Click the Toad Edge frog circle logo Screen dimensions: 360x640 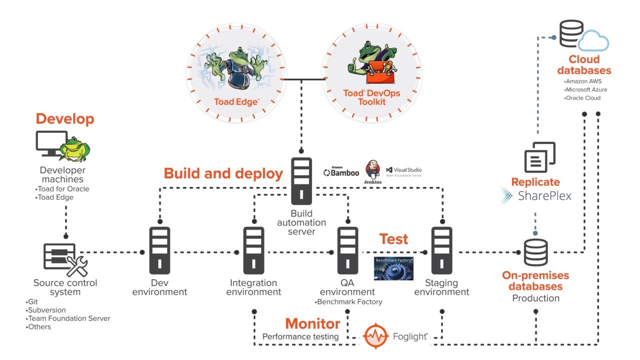(x=236, y=75)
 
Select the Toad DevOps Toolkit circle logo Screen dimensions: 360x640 (x=371, y=75)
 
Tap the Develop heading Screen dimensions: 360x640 (x=65, y=119)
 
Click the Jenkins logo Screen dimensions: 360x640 (x=372, y=172)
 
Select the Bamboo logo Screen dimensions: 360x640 (x=341, y=172)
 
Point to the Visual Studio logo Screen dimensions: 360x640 (x=404, y=172)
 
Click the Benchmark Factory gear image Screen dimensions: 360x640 (x=394, y=268)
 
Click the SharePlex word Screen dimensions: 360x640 (x=543, y=196)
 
